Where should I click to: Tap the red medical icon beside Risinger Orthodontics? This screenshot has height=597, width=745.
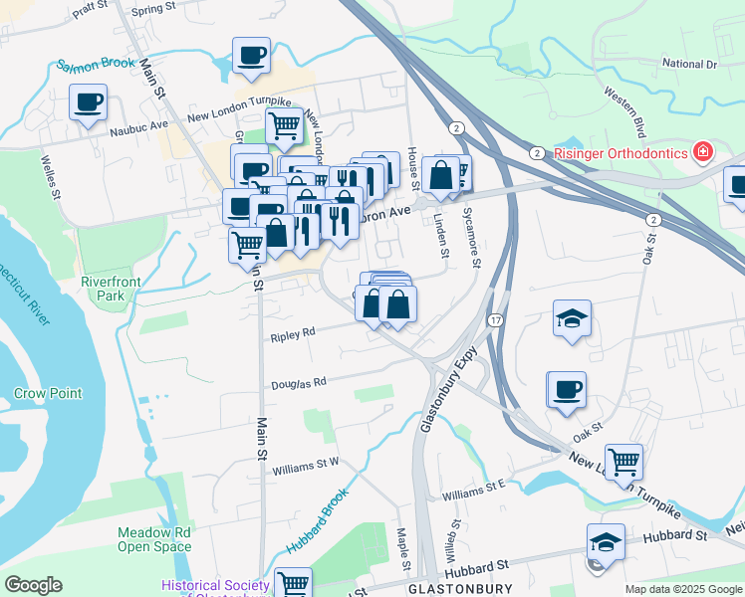[x=703, y=152]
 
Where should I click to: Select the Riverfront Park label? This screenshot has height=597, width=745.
[x=112, y=289]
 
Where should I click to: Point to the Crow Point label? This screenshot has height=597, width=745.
[x=48, y=393]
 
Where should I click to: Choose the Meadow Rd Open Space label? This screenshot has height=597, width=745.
[x=154, y=539]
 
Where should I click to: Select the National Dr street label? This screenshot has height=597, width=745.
[x=689, y=64]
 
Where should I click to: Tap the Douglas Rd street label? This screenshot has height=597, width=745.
[x=300, y=383]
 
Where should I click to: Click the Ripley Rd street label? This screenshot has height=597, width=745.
[x=293, y=336]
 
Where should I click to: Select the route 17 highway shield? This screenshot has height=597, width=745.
[x=495, y=320]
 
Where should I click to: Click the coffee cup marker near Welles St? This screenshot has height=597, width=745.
[x=88, y=100]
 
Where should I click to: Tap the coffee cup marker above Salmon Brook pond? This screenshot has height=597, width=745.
[x=251, y=55]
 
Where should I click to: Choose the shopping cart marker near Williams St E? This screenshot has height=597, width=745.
[x=623, y=460]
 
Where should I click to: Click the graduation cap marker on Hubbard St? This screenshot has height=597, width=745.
[x=605, y=541]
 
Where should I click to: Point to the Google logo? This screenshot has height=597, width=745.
[x=33, y=585]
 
